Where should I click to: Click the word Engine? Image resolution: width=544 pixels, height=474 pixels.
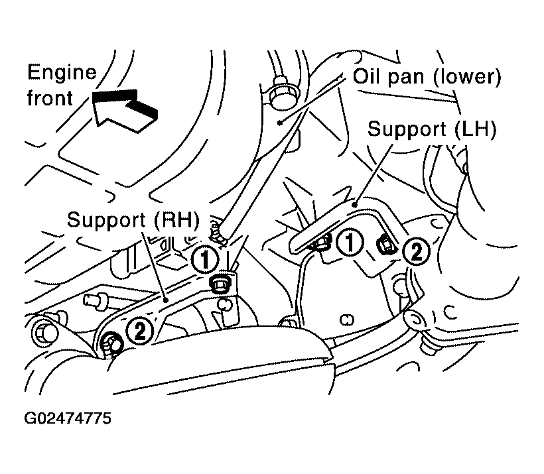coord(62,73)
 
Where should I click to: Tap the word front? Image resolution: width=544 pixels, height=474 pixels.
coord(50,98)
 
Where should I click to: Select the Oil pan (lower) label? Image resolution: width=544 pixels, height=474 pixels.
coord(427,77)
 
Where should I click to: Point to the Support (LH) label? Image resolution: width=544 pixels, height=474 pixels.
coord(432,129)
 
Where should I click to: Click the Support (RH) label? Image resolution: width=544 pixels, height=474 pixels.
coord(133,219)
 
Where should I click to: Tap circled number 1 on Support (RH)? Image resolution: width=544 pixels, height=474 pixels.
coord(205,259)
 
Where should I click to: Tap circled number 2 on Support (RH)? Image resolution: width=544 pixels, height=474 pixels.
coord(139,331)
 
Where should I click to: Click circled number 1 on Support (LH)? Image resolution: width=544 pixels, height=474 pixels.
coord(350,242)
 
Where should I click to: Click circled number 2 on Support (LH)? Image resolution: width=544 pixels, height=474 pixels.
coord(417,251)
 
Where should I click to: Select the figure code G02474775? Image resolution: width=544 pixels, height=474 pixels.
coord(68,418)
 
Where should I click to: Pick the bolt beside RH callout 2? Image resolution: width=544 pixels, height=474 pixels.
coord(111,343)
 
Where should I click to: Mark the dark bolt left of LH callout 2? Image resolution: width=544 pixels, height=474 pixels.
coord(387,245)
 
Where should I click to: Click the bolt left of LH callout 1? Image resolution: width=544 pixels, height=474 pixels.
coord(321,242)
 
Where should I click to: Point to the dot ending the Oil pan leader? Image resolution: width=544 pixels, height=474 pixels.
coord(280,122)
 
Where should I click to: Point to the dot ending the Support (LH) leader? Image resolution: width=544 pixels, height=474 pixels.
coord(354,205)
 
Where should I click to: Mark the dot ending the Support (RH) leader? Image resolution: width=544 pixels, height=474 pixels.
coord(166,299)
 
